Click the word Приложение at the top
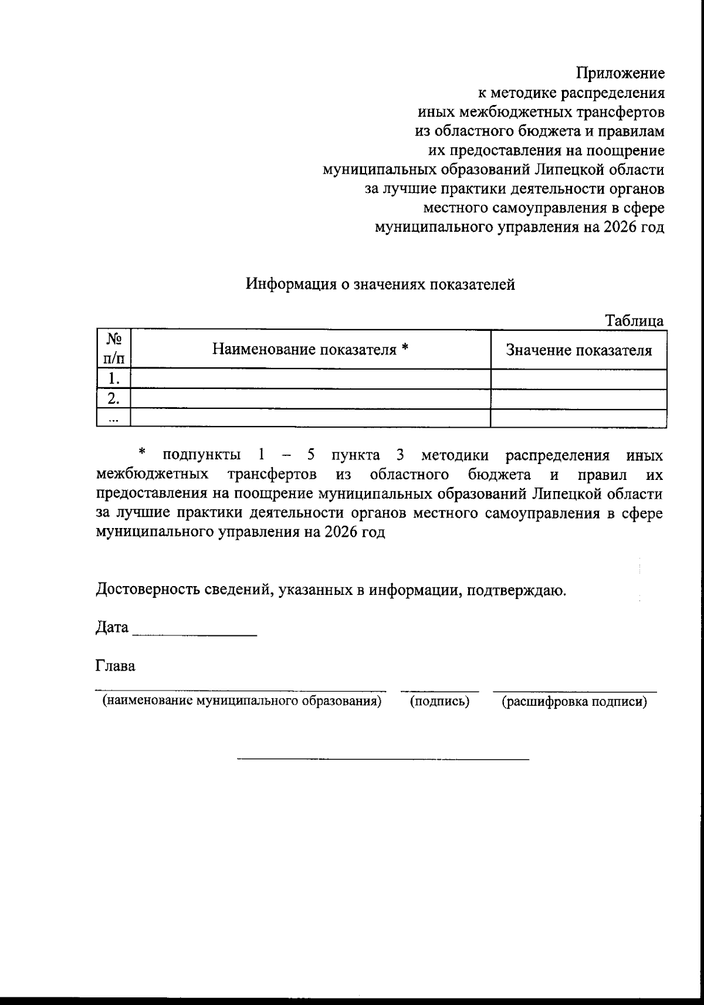click(x=620, y=73)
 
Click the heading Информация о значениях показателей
click(x=380, y=284)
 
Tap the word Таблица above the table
click(x=634, y=321)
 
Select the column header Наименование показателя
click(x=310, y=350)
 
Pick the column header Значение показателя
click(x=578, y=350)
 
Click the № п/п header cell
click(x=114, y=349)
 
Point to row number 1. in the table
click(x=114, y=378)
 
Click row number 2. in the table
click(x=114, y=399)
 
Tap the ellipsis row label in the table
click(x=114, y=418)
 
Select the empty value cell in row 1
click(x=578, y=378)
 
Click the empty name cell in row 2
click(x=310, y=399)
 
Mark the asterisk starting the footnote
click(x=141, y=452)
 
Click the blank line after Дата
click(x=195, y=629)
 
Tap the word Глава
click(x=115, y=666)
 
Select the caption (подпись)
click(x=439, y=701)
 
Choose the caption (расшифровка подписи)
click(x=574, y=701)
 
